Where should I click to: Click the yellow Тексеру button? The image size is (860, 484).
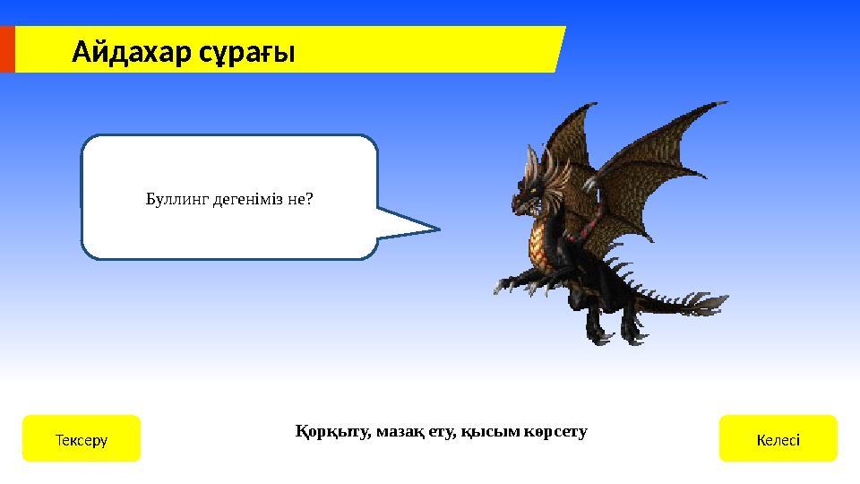(x=82, y=438)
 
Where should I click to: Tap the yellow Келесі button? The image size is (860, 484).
(x=778, y=438)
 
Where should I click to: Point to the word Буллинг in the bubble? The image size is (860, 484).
(x=177, y=198)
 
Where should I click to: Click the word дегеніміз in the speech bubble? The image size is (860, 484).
(x=248, y=198)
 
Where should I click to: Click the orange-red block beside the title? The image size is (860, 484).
(x=7, y=49)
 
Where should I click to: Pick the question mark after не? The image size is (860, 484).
(x=309, y=198)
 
